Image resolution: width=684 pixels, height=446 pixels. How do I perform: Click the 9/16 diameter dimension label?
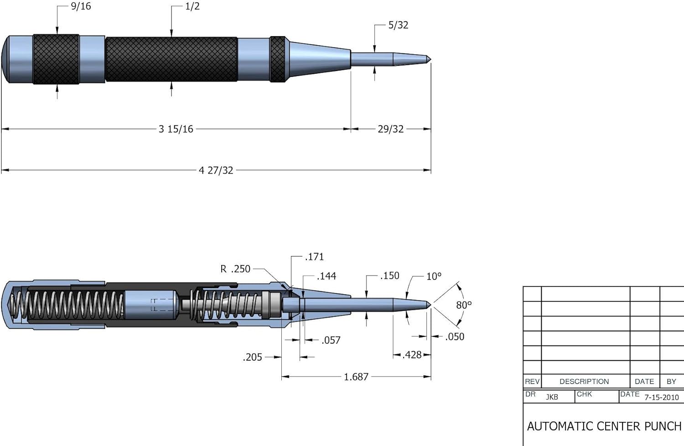(x=81, y=6)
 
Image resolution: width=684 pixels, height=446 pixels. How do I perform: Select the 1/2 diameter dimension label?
(x=192, y=6)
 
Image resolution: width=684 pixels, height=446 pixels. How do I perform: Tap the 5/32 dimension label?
(x=398, y=25)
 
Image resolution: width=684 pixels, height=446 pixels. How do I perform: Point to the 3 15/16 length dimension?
(x=176, y=129)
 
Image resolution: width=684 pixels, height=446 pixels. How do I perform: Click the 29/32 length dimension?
(x=390, y=129)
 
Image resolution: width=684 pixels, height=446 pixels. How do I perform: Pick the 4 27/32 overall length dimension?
(x=216, y=171)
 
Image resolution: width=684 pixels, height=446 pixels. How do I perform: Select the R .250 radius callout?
(x=235, y=269)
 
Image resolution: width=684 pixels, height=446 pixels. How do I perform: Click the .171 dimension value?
(x=314, y=257)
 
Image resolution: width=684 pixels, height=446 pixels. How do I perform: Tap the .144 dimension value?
(x=326, y=276)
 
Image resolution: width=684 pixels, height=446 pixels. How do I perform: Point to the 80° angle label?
(x=464, y=305)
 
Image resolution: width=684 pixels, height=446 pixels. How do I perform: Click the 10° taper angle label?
(x=434, y=276)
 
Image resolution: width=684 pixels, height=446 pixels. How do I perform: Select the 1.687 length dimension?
(x=356, y=377)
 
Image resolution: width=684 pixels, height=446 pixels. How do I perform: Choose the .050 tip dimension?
(x=454, y=337)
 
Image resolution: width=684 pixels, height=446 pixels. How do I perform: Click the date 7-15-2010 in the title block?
(x=661, y=397)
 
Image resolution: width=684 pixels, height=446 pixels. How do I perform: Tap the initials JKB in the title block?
(x=552, y=397)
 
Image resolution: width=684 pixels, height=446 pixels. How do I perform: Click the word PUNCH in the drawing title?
(x=663, y=426)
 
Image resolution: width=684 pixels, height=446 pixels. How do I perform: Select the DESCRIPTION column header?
(x=584, y=381)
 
